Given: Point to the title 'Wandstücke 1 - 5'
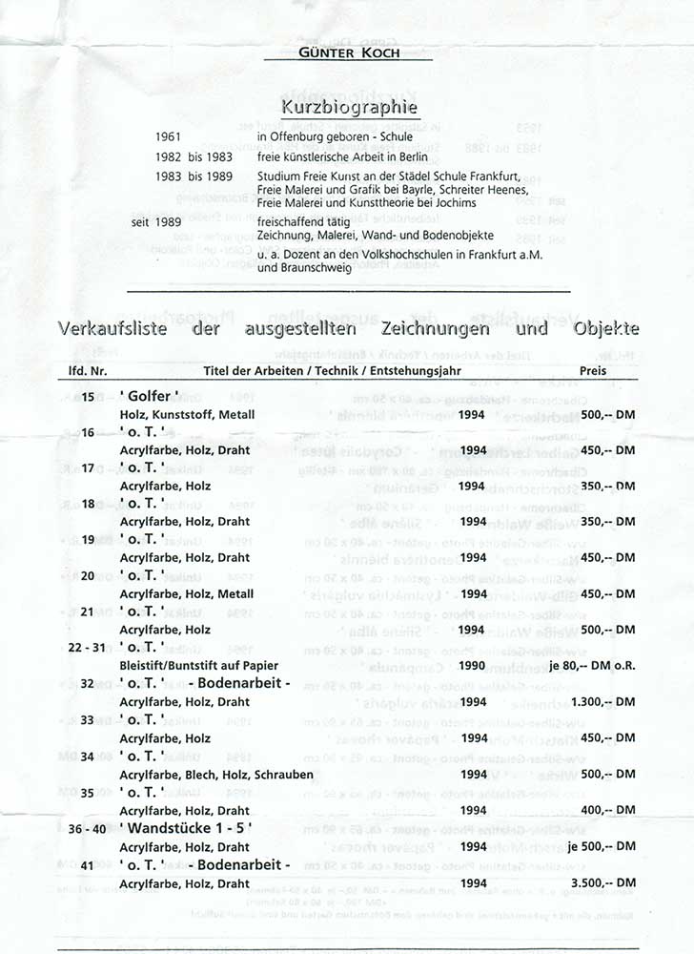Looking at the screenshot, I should pos(186,828).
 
